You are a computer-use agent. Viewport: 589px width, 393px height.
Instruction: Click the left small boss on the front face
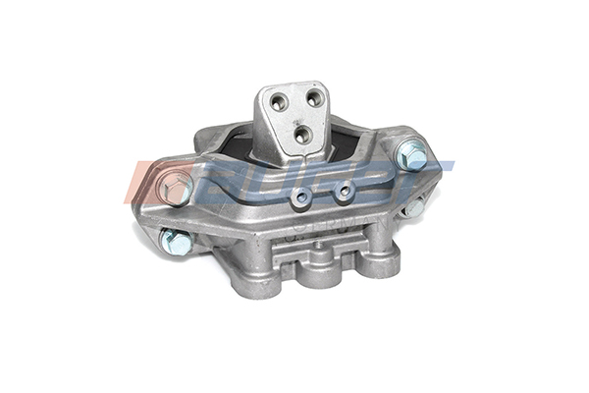point(303,198)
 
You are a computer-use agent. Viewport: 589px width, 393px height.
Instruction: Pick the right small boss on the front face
point(344,191)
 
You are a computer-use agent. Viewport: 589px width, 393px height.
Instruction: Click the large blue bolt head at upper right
point(413,155)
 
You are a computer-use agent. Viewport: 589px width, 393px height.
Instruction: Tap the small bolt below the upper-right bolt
point(415,208)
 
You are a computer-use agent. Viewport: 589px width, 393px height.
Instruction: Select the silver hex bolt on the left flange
point(177,188)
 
